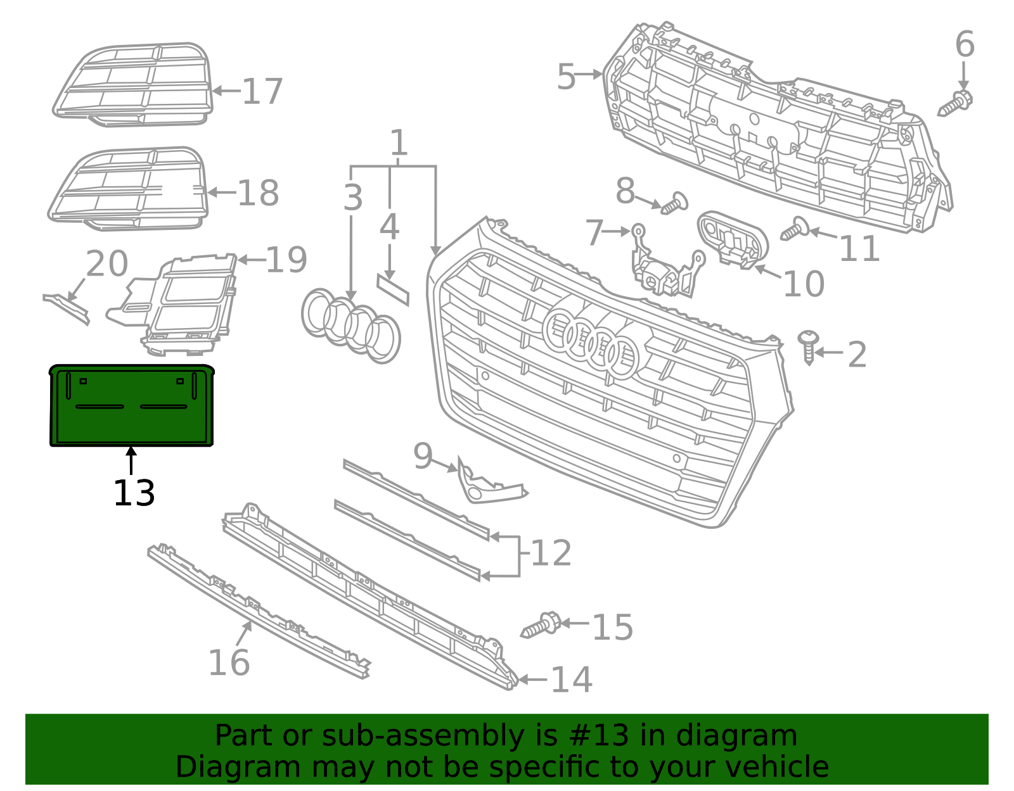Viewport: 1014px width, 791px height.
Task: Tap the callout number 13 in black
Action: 134,493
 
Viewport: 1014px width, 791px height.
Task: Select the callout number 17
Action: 262,92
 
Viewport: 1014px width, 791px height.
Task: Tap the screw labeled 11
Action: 793,229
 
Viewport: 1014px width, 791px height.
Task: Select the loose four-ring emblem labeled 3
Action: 350,326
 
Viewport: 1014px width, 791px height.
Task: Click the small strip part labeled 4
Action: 393,289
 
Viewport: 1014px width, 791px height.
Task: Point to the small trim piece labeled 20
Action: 66,308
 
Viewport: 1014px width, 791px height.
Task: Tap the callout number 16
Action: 229,662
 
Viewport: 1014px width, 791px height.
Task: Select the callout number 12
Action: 550,554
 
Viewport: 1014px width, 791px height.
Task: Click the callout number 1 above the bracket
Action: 398,143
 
